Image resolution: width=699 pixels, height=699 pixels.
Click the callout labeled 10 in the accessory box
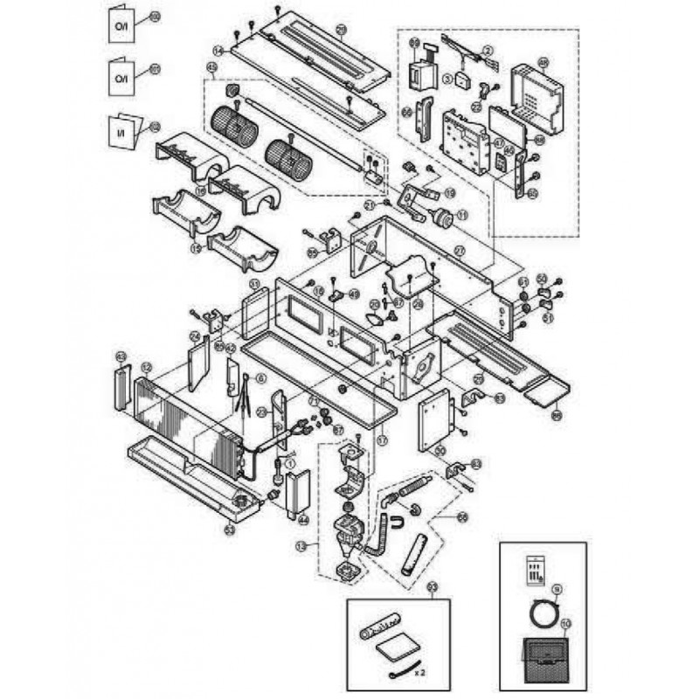click(x=566, y=624)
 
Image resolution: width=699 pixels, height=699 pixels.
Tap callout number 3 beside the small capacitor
click(x=447, y=78)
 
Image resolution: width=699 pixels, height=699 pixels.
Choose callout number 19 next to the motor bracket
click(x=450, y=192)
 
